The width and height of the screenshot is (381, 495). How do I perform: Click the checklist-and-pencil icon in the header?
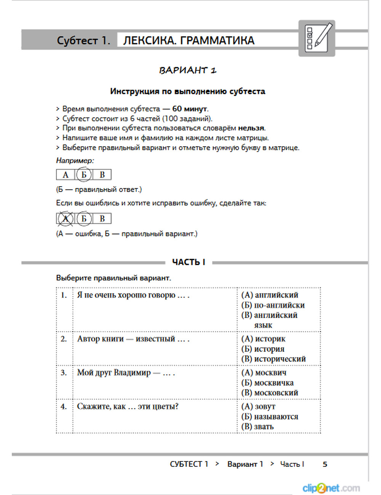click(317, 38)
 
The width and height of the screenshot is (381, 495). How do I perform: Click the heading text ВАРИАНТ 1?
click(188, 70)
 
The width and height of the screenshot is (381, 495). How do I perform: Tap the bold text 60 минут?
click(190, 109)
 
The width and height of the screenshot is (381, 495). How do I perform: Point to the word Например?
click(75, 161)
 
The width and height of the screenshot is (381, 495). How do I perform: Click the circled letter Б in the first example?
click(84, 175)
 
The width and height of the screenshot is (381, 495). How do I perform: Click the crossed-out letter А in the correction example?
click(66, 219)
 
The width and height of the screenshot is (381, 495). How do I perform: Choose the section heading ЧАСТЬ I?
click(189, 262)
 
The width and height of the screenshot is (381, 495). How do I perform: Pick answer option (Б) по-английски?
click(273, 305)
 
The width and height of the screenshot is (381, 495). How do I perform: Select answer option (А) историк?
click(263, 339)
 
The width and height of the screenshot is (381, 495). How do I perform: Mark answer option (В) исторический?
click(273, 359)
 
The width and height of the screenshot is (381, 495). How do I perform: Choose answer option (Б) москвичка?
click(267, 383)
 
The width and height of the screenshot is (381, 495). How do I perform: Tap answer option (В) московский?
click(269, 393)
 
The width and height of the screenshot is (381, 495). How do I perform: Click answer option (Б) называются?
click(269, 417)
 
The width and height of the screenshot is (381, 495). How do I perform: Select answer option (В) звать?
click(257, 426)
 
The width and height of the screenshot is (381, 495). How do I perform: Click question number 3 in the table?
click(64, 373)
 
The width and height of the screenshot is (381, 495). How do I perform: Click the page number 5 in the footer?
click(325, 464)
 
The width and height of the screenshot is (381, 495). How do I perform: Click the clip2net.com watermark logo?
click(331, 488)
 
